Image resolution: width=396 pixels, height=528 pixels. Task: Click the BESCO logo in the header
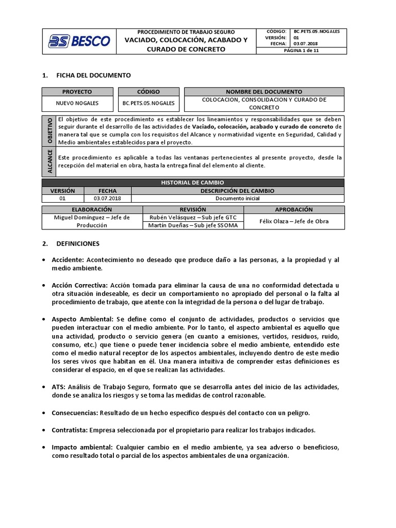[x=79, y=41]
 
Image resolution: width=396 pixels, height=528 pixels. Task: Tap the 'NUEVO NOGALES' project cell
[x=77, y=103]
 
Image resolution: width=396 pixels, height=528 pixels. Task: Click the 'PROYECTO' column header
[x=77, y=91]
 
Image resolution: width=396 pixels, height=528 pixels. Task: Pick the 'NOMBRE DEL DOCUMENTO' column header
[x=263, y=91]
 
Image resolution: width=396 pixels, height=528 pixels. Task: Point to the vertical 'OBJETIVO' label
[x=49, y=130]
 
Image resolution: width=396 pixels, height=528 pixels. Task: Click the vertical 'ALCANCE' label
[x=49, y=161]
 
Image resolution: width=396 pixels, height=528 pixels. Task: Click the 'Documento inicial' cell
[x=237, y=198]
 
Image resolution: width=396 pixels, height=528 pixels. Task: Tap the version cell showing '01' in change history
[x=62, y=198]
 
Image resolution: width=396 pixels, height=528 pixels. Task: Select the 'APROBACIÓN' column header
[x=294, y=209]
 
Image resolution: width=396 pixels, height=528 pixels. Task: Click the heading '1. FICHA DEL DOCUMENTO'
[x=86, y=75]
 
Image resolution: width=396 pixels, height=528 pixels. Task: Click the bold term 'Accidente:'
[x=68, y=260]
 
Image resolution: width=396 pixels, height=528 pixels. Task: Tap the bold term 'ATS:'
[x=58, y=387]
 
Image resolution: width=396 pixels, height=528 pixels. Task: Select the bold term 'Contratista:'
[x=70, y=430]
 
